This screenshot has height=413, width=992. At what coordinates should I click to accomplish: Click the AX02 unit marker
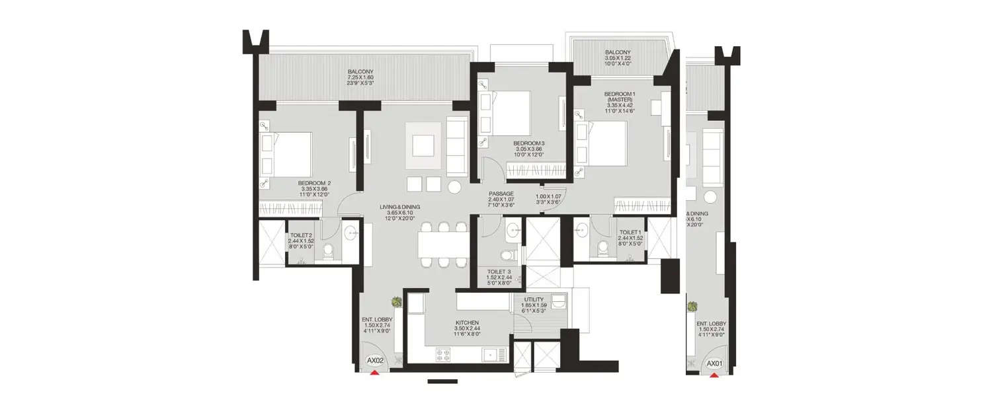coord(375,361)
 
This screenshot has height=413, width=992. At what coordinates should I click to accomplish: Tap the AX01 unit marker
coord(714,364)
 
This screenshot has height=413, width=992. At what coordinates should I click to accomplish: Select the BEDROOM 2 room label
coord(314,183)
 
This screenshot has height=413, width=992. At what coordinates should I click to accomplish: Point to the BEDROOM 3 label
coord(529,143)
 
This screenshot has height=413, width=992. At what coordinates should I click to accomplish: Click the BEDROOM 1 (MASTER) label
coord(619,98)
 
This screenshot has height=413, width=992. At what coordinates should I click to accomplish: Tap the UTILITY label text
coord(534,299)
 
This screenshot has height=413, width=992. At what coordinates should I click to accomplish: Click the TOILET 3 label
coord(500,272)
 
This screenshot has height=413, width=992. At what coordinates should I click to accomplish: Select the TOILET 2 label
coord(301,235)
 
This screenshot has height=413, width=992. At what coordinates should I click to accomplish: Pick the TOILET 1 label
coord(629,233)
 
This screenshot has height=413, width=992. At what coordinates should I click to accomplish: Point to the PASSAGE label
coord(501,193)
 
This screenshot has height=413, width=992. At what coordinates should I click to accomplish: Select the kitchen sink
coord(490,355)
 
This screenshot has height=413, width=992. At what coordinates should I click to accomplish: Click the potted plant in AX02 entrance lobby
coord(396,301)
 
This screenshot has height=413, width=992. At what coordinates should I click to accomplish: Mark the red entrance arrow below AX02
coord(374,373)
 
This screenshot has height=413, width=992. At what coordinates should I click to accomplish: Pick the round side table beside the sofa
coord(454,187)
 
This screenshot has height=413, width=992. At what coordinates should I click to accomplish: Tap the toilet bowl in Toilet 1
coord(603,249)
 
